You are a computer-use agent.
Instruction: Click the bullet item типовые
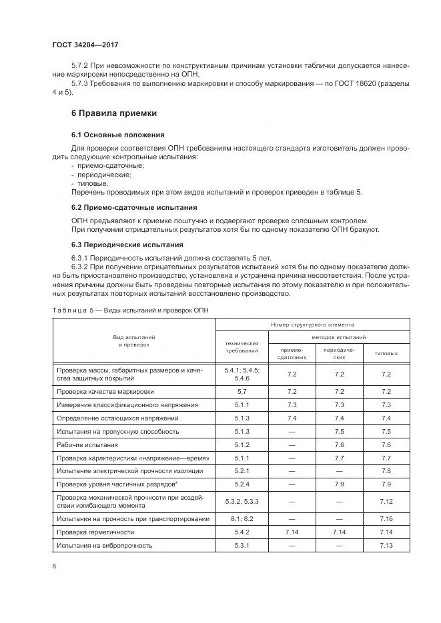(x=93, y=183)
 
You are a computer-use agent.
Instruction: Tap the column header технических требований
(x=242, y=346)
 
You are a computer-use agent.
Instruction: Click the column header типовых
(x=386, y=353)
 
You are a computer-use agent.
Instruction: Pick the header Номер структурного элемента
(x=314, y=324)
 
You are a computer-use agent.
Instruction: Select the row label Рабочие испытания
(x=89, y=444)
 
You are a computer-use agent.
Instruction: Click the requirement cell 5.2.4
(x=242, y=484)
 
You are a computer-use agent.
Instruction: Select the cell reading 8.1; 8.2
(x=242, y=518)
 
